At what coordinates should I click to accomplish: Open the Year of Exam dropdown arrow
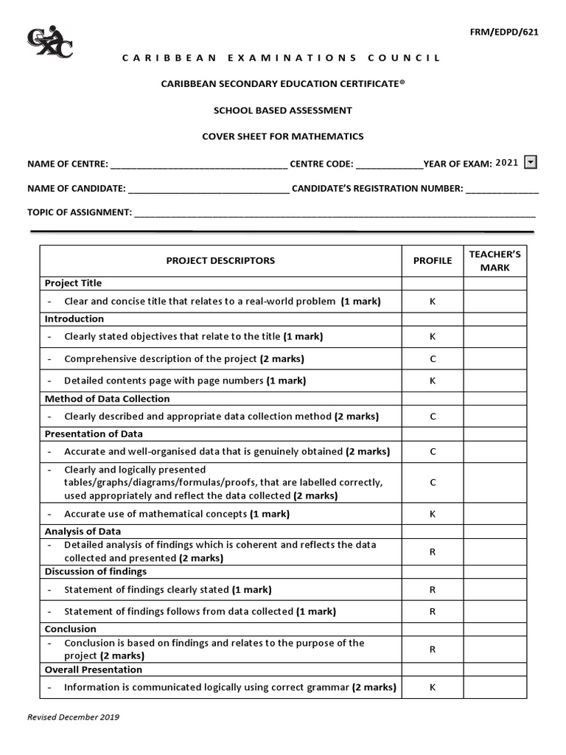pyautogui.click(x=530, y=163)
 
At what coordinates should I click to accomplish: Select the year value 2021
pyautogui.click(x=507, y=163)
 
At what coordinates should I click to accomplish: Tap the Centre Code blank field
pyautogui.click(x=389, y=164)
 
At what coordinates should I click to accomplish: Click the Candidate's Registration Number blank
pyautogui.click(x=502, y=189)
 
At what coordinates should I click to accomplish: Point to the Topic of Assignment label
pyautogui.click(x=80, y=212)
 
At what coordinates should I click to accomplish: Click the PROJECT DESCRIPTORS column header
pyautogui.click(x=220, y=260)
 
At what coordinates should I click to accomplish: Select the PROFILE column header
pyautogui.click(x=433, y=260)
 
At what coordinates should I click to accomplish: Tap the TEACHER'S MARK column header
pyautogui.click(x=495, y=261)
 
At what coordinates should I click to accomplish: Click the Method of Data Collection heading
pyautogui.click(x=107, y=399)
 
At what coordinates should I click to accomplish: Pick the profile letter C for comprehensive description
pyautogui.click(x=433, y=359)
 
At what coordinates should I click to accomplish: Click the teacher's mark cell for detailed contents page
pyautogui.click(x=495, y=380)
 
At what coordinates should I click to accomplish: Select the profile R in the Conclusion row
pyautogui.click(x=433, y=650)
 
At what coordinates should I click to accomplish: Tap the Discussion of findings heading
pyautogui.click(x=96, y=571)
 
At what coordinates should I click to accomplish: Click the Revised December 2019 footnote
pyautogui.click(x=74, y=717)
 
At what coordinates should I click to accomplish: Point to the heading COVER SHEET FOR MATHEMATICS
pyautogui.click(x=283, y=136)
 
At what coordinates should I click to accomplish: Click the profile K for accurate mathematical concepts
pyautogui.click(x=433, y=514)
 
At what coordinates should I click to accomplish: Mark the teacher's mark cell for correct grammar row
pyautogui.click(x=495, y=687)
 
